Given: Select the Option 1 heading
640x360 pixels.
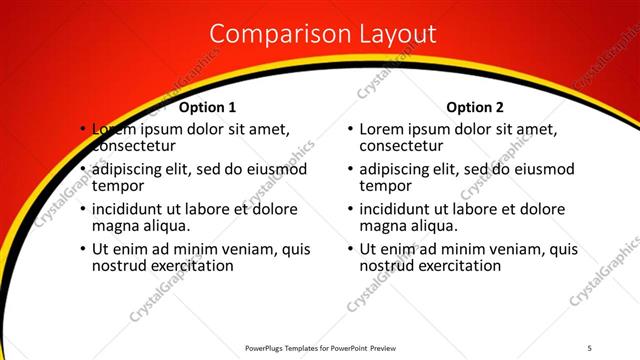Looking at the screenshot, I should [x=208, y=107].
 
